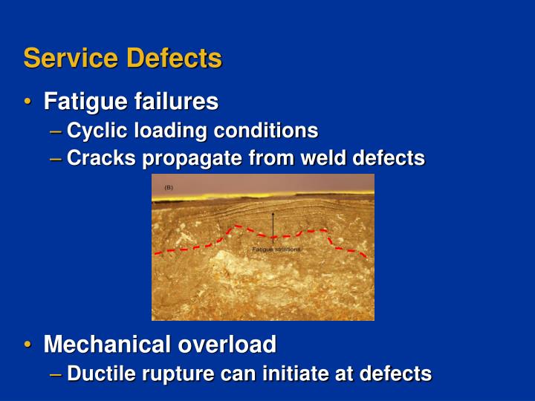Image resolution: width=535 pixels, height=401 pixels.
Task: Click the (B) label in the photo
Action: pos(169,188)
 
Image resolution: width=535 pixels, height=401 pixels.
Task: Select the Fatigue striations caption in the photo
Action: pos(276,250)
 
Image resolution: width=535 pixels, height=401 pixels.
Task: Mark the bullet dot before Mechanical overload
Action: pos(27,345)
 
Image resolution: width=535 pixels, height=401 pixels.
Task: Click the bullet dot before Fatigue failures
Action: pos(27,101)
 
